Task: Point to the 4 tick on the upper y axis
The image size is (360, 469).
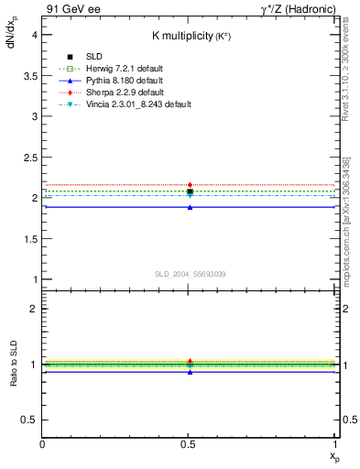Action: (x=35, y=34)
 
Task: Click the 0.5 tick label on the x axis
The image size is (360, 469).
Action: (x=189, y=444)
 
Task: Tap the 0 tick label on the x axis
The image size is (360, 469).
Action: (x=42, y=444)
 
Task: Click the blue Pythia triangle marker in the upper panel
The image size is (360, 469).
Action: (x=190, y=208)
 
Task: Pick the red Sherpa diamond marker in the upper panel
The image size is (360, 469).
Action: (x=190, y=186)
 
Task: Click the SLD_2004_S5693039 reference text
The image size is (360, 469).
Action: (x=190, y=274)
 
